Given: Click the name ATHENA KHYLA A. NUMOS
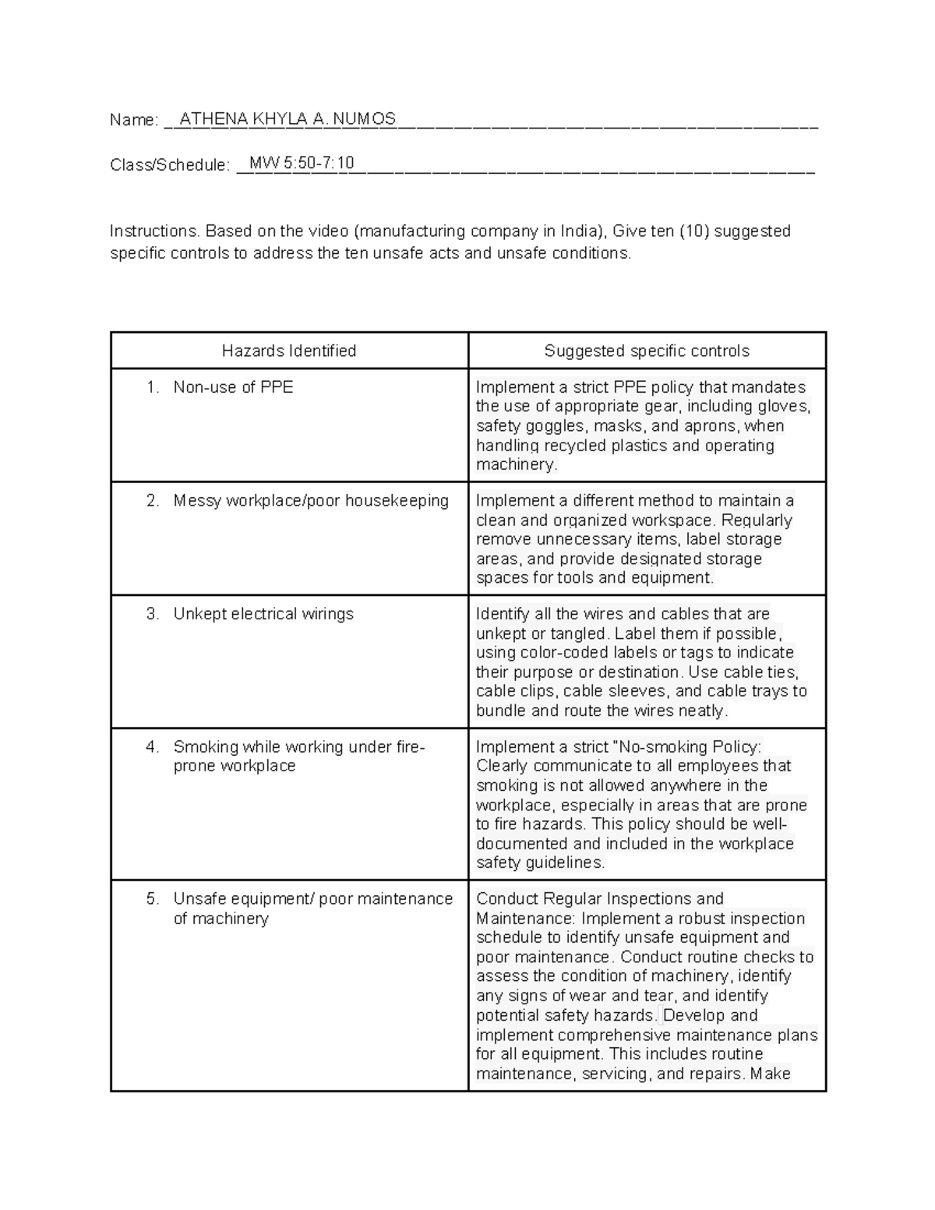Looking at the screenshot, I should tap(288, 119).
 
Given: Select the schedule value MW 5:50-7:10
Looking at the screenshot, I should tap(301, 163).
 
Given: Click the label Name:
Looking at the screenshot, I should tap(134, 120).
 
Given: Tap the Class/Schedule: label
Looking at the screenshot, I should tap(170, 164).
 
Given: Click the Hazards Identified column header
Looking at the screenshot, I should tap(289, 351).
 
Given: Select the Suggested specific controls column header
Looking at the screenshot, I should tap(647, 351).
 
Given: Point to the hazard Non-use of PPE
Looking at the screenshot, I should tap(233, 387).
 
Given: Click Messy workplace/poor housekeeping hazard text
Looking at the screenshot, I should tap(311, 501).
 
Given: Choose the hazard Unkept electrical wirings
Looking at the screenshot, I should tap(263, 614).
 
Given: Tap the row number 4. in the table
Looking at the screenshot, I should tap(153, 746).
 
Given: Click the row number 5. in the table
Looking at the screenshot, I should tap(153, 898).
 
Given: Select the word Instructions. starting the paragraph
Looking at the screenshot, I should tap(155, 231).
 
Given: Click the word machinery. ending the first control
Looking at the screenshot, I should tap(517, 464).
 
